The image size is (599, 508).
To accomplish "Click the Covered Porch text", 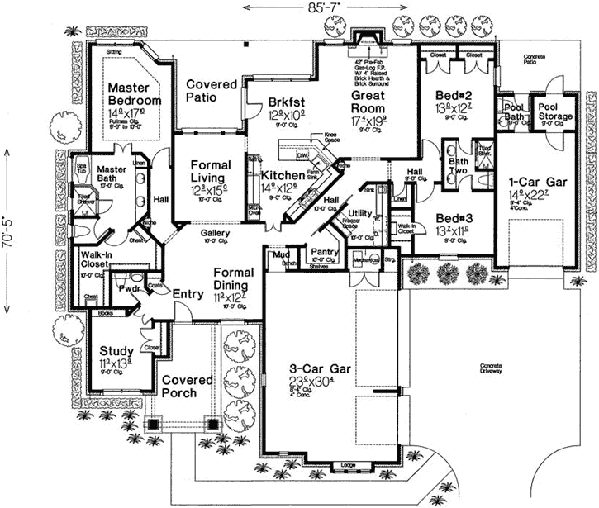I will coord(191,387).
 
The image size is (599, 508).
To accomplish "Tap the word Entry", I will coord(183,293).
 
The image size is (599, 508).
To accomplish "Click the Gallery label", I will coord(216,233).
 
